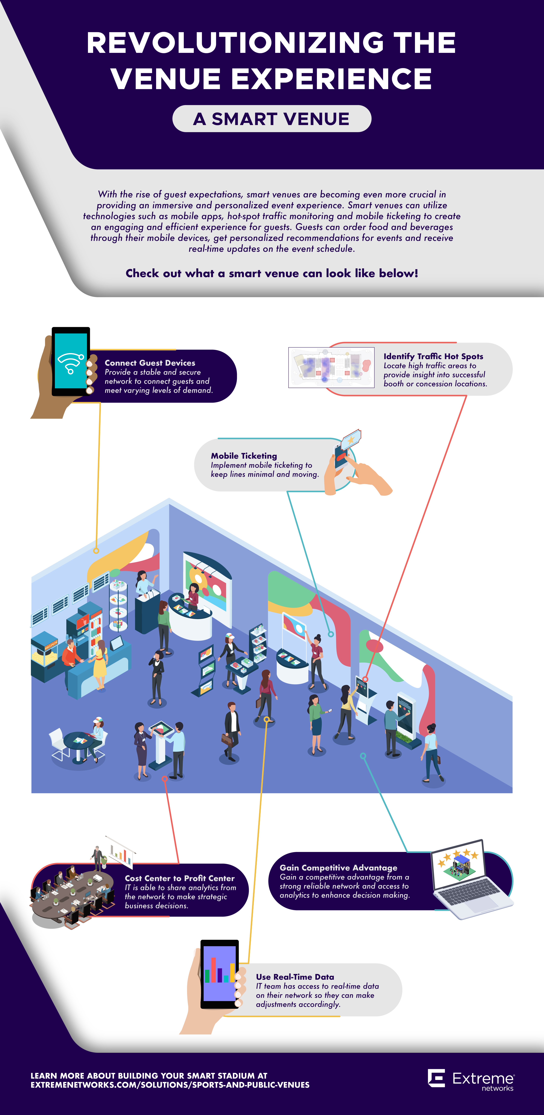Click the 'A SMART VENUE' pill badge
[x=272, y=119]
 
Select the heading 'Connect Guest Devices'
[x=150, y=363]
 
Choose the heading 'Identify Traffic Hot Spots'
[x=433, y=356]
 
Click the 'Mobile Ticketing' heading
[x=244, y=456]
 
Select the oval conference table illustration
[x=65, y=896]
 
